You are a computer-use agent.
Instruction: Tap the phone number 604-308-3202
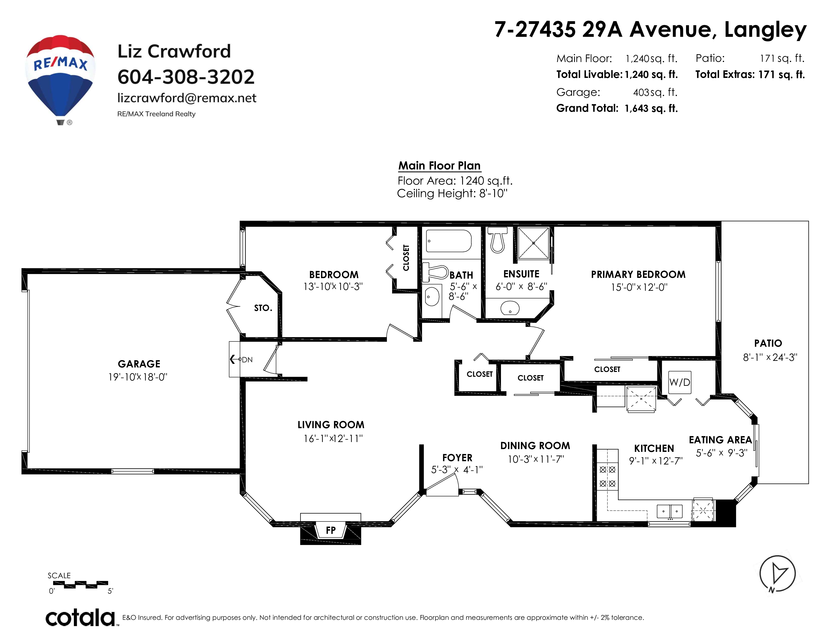click(x=186, y=77)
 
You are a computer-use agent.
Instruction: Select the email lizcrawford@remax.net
click(x=187, y=98)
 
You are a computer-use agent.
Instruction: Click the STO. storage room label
click(x=263, y=308)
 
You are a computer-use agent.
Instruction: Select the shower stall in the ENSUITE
click(x=533, y=243)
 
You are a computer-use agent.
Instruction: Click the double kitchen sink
click(x=669, y=511)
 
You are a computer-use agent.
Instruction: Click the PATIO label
click(x=768, y=343)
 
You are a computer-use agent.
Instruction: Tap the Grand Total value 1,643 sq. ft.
click(x=651, y=109)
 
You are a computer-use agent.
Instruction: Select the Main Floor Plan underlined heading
click(x=439, y=166)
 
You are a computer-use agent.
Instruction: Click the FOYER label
click(x=457, y=457)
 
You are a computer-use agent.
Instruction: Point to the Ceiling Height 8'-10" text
click(x=452, y=193)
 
